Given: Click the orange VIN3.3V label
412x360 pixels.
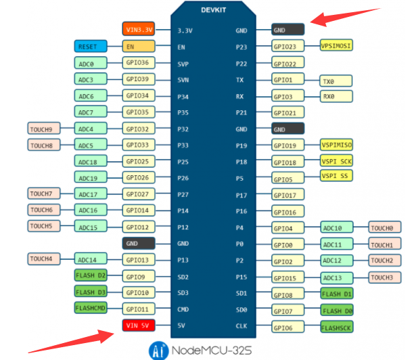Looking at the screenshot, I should (x=139, y=30).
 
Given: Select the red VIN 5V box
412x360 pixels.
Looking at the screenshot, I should (x=139, y=326).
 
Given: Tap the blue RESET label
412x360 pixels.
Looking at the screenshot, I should (x=91, y=47).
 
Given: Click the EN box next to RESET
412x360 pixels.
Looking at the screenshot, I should (x=139, y=47).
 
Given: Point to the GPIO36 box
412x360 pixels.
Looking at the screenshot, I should (x=139, y=63).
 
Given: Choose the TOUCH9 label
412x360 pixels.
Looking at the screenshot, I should (x=43, y=128).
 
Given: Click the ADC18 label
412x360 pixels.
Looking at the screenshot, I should (x=91, y=161).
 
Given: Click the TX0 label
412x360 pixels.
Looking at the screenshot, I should (x=336, y=81).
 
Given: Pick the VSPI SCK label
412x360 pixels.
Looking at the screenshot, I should (x=336, y=161).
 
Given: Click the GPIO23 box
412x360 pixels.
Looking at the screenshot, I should (x=288, y=47).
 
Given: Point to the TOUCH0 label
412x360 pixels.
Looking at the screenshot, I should (x=385, y=228).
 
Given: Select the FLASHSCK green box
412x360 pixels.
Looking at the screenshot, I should (x=336, y=327).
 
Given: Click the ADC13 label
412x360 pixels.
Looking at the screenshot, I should (x=336, y=277).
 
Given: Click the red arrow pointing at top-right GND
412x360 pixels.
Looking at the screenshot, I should (x=345, y=16).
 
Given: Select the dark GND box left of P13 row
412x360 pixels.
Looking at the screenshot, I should (x=139, y=243).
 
